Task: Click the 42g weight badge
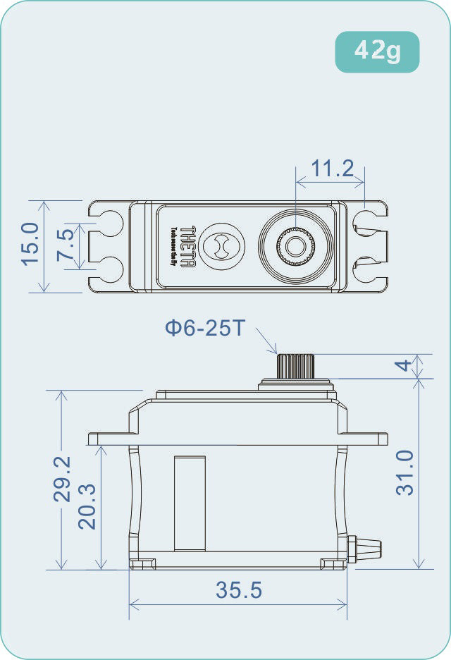click(x=377, y=51)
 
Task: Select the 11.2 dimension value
click(x=332, y=169)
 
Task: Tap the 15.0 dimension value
click(x=30, y=245)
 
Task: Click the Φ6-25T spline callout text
click(x=204, y=328)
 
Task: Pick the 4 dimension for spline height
click(x=403, y=365)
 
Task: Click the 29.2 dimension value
click(x=63, y=478)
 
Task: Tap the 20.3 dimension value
click(x=87, y=506)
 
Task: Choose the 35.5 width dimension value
click(x=239, y=591)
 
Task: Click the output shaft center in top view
click(x=295, y=246)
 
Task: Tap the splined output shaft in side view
click(x=295, y=365)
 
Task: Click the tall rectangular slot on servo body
click(x=190, y=502)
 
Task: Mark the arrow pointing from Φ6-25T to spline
click(x=267, y=341)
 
